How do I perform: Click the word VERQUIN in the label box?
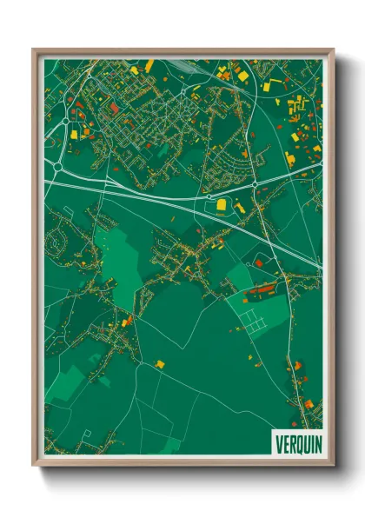298,443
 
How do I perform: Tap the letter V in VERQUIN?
279,443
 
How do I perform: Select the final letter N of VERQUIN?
317,443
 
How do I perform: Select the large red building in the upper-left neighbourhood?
113,108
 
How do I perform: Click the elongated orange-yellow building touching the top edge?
149,65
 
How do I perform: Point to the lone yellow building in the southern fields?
160,363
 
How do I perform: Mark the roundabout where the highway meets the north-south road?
254,185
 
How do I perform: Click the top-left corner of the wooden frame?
33,50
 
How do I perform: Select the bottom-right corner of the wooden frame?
334,466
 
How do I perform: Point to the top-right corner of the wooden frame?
334,50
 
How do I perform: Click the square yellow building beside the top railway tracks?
243,76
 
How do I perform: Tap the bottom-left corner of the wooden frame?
33,466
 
